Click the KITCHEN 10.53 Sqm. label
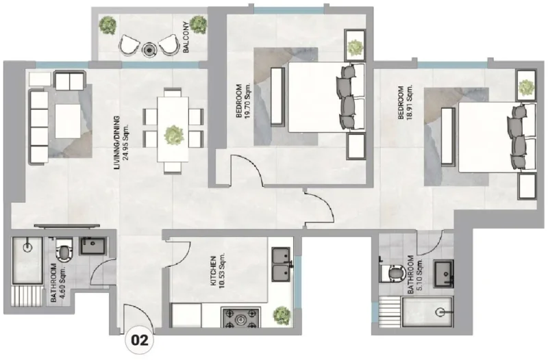(217, 272)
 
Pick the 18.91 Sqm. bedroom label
(405, 103)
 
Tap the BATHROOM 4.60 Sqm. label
(56, 283)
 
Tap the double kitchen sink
(282, 265)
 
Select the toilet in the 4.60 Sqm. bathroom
(63, 252)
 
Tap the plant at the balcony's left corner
(107, 26)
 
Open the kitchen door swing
(180, 253)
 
